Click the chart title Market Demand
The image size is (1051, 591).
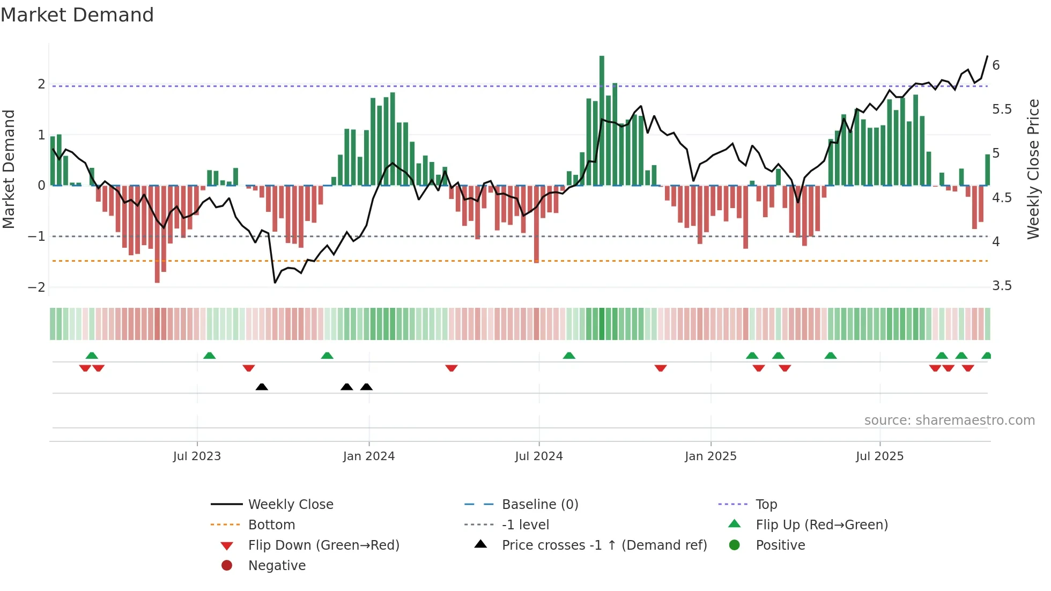[x=77, y=15]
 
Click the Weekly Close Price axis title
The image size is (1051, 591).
[x=1033, y=169]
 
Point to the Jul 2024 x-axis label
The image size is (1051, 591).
[x=538, y=456]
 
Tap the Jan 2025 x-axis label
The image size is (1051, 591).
[x=710, y=456]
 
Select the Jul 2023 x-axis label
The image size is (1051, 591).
[x=197, y=456]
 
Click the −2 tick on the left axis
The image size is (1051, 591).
[x=36, y=287]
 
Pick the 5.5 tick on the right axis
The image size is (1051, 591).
[x=1002, y=109]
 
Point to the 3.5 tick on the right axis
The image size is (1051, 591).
[x=1002, y=286]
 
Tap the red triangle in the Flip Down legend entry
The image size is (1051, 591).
[x=227, y=546]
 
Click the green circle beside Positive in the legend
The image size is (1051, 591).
[x=735, y=545]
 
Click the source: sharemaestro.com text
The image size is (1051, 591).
[x=949, y=420]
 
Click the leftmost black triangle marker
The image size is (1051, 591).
[x=262, y=387]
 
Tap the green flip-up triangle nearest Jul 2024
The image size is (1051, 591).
[x=569, y=356]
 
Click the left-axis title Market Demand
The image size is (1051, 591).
[x=9, y=169]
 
